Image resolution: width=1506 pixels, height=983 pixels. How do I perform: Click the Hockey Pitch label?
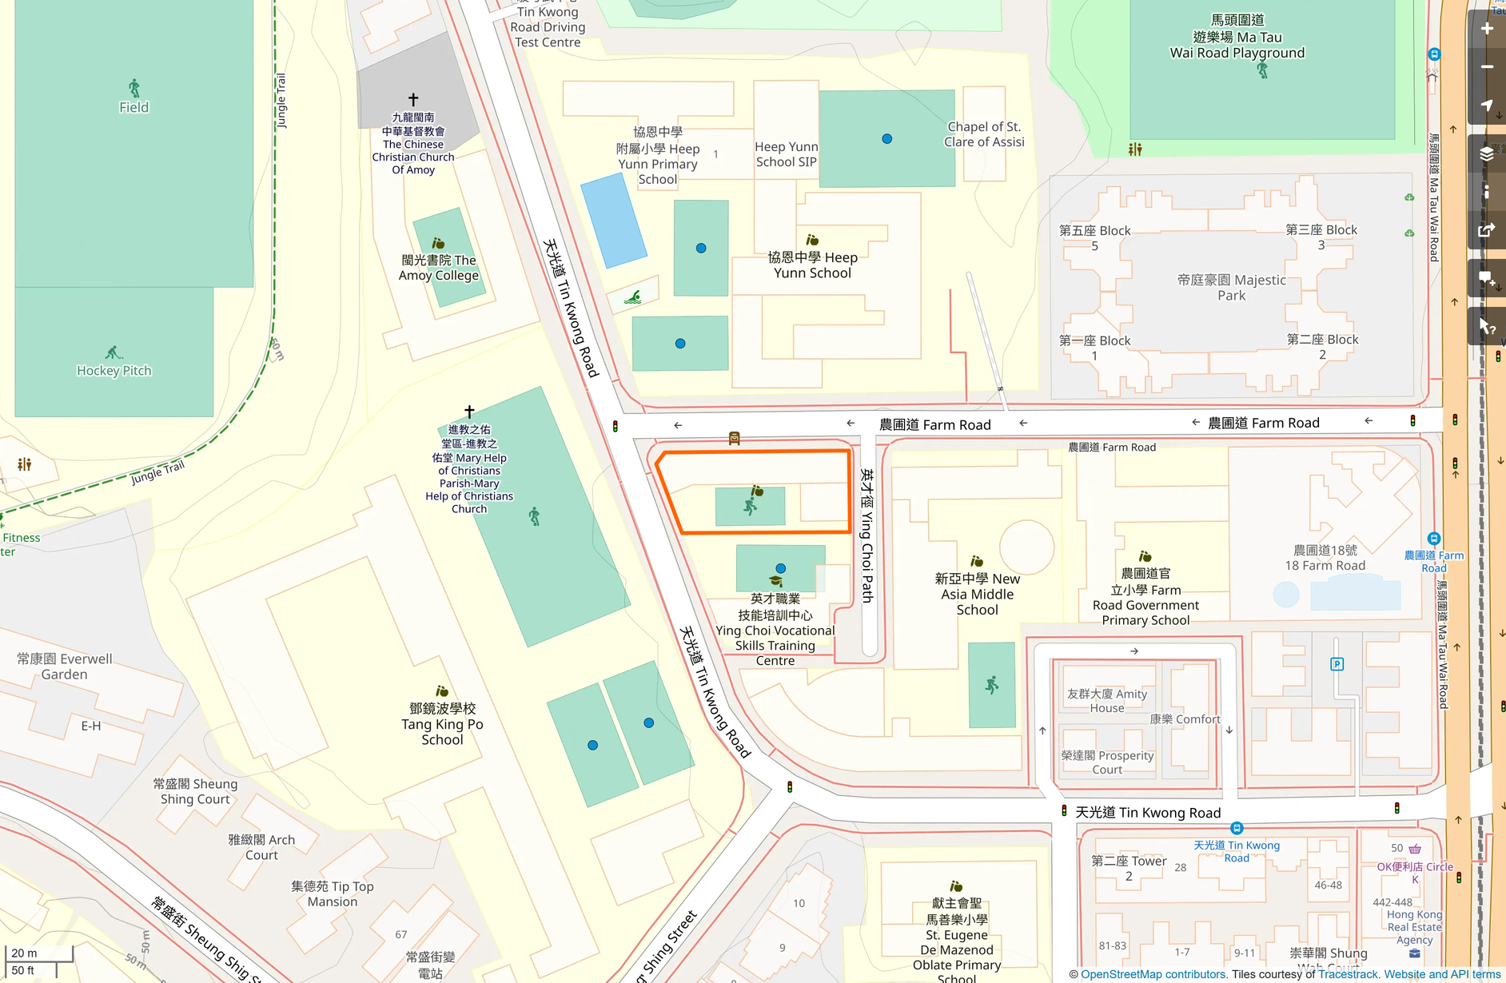tap(114, 371)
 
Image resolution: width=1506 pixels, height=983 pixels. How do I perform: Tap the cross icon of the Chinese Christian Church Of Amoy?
tap(413, 100)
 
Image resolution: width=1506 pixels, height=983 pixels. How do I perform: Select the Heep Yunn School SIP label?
tap(786, 154)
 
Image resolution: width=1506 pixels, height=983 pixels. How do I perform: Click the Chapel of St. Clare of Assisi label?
tap(983, 134)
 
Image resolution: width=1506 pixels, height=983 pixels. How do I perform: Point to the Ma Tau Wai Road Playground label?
tap(1237, 38)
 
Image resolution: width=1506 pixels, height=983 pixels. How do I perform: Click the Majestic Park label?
tap(1231, 288)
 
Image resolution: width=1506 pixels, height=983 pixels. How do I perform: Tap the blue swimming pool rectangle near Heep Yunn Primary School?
tap(613, 221)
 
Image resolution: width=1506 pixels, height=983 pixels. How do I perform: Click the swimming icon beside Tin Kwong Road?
tap(633, 297)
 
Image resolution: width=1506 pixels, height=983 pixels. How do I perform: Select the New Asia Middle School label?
tap(977, 594)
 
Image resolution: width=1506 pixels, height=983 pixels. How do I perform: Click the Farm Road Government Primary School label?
tap(1145, 597)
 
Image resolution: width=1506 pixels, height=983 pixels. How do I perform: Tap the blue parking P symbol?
tap(1337, 664)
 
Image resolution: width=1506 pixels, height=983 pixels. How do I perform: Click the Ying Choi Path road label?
tap(867, 535)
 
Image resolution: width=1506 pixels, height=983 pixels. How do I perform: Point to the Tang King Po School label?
tap(442, 724)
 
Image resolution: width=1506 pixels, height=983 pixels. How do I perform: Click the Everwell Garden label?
tap(65, 667)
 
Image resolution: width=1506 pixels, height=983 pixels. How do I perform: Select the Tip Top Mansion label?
tap(333, 893)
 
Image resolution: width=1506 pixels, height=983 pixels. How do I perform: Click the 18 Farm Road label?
tap(1325, 558)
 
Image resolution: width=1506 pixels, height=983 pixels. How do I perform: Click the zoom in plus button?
tap(1487, 30)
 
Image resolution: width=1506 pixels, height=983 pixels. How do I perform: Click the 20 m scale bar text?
tap(24, 953)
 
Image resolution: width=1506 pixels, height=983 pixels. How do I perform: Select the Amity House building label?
tap(1106, 701)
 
